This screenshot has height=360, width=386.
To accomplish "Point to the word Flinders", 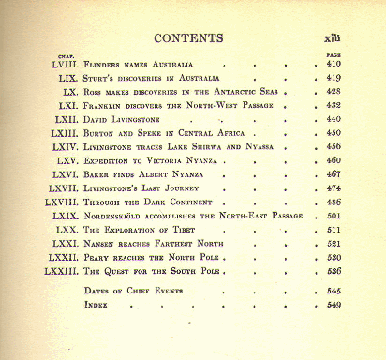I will pyautogui.click(x=104, y=64).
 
